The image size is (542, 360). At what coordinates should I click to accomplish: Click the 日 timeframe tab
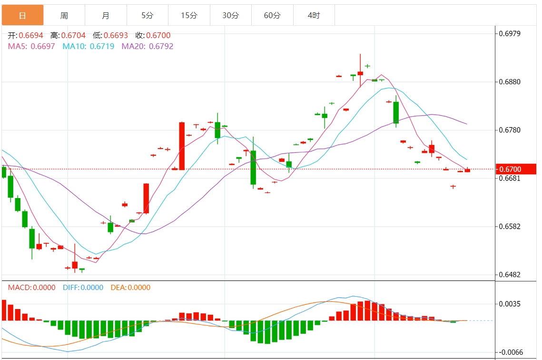pos(22,16)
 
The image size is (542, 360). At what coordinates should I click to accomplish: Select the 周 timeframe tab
pos(64,16)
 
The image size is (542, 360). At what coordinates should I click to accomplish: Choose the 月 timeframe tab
pos(106,16)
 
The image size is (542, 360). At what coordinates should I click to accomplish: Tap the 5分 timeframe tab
pos(148,16)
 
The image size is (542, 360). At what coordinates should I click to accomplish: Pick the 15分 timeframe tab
pos(189,16)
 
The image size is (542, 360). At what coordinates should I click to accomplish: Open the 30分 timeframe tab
pos(231,16)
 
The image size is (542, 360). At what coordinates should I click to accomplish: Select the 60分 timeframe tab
pos(272,16)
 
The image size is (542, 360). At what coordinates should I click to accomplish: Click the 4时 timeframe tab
pos(314,16)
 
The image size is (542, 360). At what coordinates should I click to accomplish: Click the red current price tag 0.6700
pos(516,170)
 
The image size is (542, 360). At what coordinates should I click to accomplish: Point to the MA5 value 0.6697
pos(42,47)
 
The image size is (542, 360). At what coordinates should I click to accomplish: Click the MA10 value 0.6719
pos(102,47)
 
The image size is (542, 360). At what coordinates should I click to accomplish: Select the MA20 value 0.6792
pos(161,47)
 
